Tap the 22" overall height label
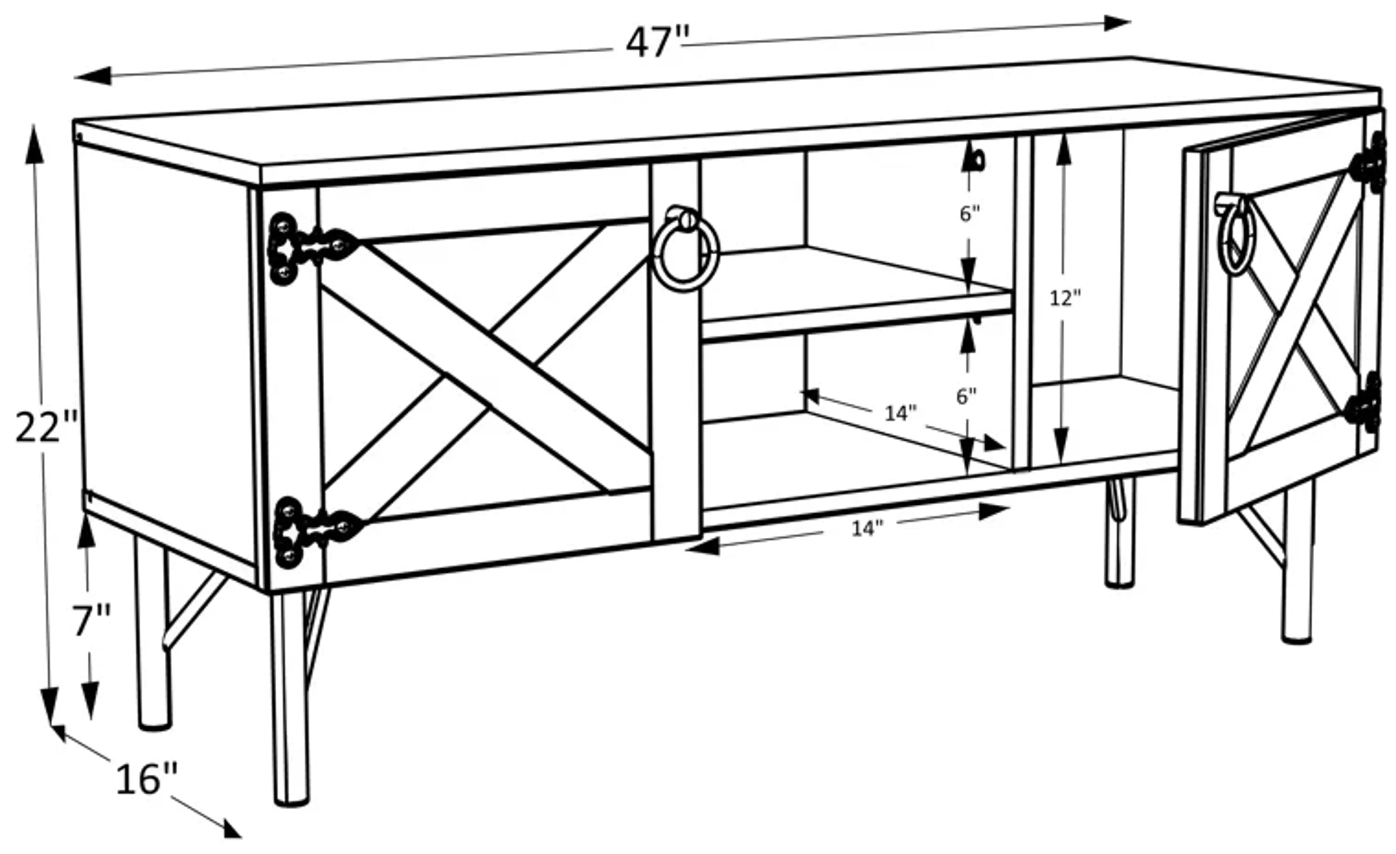click(45, 428)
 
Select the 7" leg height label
click(91, 621)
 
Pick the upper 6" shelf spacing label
click(969, 214)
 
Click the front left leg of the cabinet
click(290, 697)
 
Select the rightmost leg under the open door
click(1297, 567)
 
